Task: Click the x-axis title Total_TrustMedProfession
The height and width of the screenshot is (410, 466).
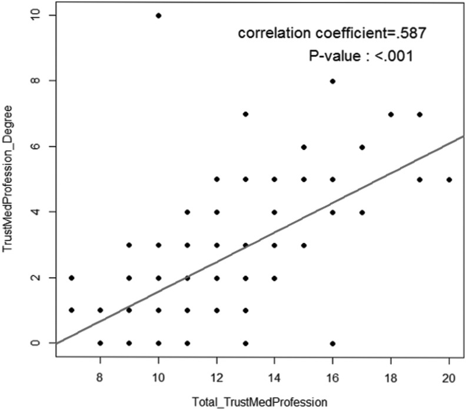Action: click(x=259, y=403)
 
